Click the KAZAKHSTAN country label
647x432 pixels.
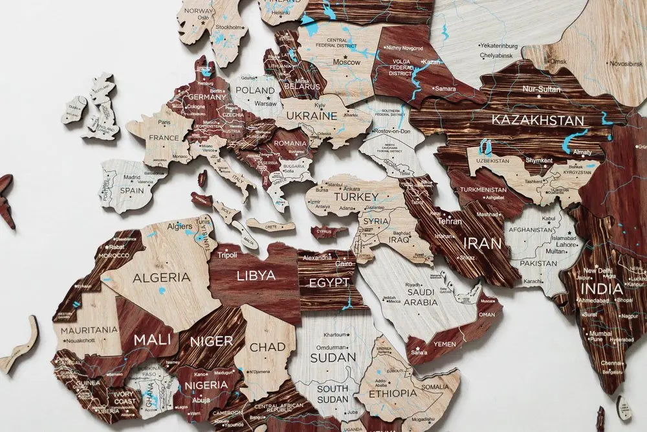click(x=538, y=120)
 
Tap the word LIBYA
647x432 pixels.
click(x=256, y=275)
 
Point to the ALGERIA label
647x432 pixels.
click(x=161, y=277)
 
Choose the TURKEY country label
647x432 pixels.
click(x=356, y=197)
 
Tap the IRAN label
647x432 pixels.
click(x=482, y=243)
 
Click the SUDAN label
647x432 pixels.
click(x=333, y=357)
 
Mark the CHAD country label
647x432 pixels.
click(x=267, y=347)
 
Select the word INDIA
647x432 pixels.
click(x=602, y=289)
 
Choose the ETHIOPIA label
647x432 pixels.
click(x=393, y=393)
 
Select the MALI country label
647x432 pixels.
click(x=152, y=338)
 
